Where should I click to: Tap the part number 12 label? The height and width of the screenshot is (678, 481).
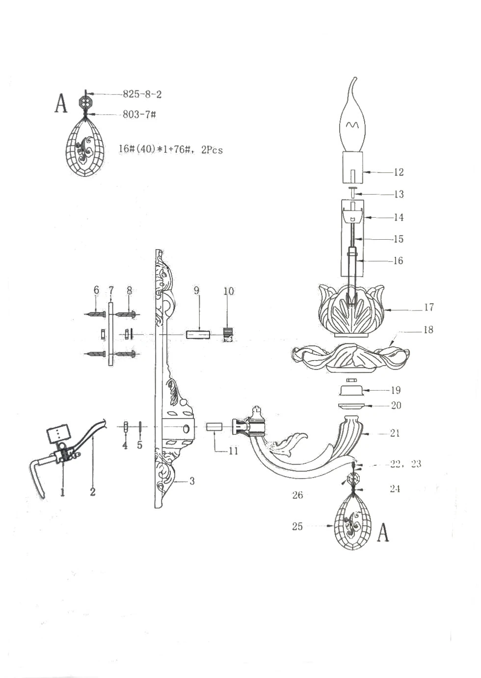pyautogui.click(x=399, y=172)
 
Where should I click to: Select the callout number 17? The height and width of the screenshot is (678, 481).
pyautogui.click(x=428, y=307)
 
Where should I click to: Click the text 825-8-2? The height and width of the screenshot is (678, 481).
pyautogui.click(x=142, y=94)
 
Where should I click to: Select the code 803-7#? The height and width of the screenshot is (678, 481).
pyautogui.click(x=139, y=114)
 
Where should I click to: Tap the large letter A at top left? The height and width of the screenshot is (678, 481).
pyautogui.click(x=60, y=103)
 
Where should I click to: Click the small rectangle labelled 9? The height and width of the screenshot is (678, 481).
pyautogui.click(x=198, y=335)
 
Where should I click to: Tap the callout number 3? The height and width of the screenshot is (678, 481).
pyautogui.click(x=192, y=481)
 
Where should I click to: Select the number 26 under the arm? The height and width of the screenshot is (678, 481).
pyautogui.click(x=297, y=495)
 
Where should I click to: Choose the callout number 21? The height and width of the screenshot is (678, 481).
pyautogui.click(x=395, y=433)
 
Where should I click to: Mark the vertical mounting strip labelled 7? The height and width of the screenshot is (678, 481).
pyautogui.click(x=111, y=334)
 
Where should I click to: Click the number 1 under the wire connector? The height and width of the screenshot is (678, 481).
pyautogui.click(x=63, y=491)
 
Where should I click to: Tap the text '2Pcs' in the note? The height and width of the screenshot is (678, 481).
pyautogui.click(x=212, y=150)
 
